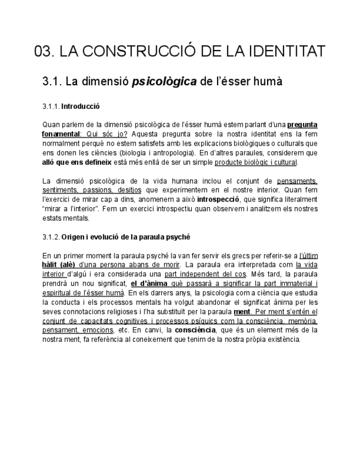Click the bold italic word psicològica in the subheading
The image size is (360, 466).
164,82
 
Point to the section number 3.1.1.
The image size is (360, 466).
51,106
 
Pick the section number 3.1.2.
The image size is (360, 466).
51,237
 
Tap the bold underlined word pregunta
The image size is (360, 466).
302,125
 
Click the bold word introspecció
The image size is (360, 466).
218,199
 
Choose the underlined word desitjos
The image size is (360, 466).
130,190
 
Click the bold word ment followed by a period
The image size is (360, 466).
241,312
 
